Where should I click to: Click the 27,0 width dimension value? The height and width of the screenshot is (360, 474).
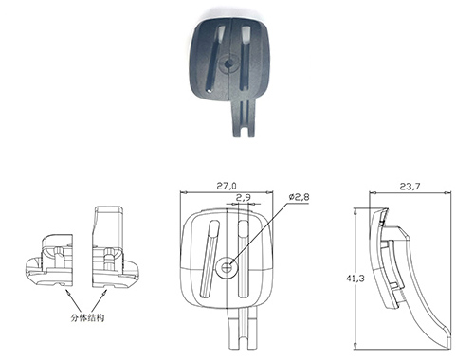click(227, 186)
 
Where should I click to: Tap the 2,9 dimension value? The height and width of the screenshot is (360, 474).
click(244, 198)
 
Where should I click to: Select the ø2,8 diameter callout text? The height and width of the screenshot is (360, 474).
click(299, 197)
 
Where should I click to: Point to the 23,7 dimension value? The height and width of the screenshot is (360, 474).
click(410, 187)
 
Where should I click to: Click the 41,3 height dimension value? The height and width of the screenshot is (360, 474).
click(355, 279)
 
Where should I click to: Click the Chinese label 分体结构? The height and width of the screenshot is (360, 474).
click(87, 317)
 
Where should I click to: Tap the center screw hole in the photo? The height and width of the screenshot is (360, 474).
click(228, 63)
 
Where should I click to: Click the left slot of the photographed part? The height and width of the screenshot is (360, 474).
click(215, 59)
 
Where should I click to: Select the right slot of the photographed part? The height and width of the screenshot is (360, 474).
click(246, 57)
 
